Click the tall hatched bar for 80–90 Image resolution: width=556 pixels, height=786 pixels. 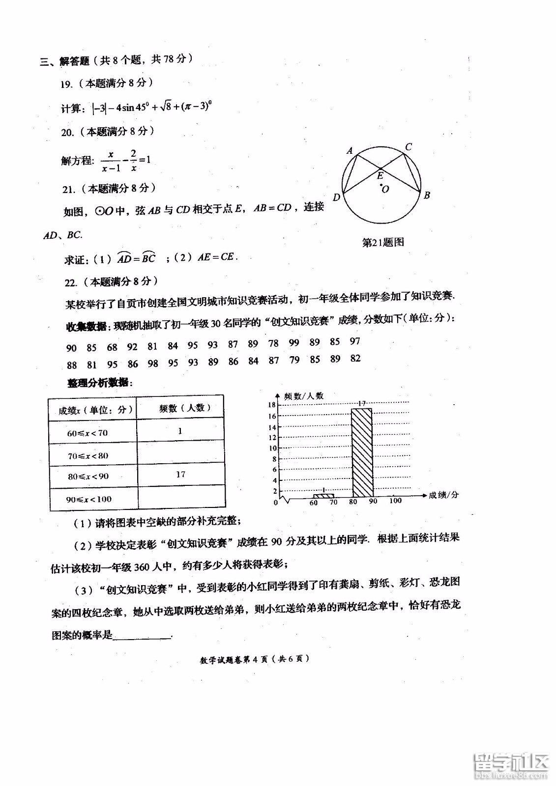362,452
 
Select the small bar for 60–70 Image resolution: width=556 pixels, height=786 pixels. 323,495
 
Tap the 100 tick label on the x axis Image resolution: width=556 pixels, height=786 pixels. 395,501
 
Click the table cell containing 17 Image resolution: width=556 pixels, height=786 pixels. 180,474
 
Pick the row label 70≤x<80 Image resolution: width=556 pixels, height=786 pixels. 88,455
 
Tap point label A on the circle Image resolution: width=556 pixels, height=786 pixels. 350,150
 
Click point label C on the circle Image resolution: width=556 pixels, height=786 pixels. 408,146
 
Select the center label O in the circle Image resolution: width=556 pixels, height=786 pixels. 385,189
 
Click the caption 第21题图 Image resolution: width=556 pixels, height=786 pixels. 382,242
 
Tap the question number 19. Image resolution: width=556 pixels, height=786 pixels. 66,84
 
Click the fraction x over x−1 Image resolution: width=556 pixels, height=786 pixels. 111,161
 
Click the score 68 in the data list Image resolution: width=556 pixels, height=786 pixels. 112,347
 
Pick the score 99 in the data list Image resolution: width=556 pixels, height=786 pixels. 294,343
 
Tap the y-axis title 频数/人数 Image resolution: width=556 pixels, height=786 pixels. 304,396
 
